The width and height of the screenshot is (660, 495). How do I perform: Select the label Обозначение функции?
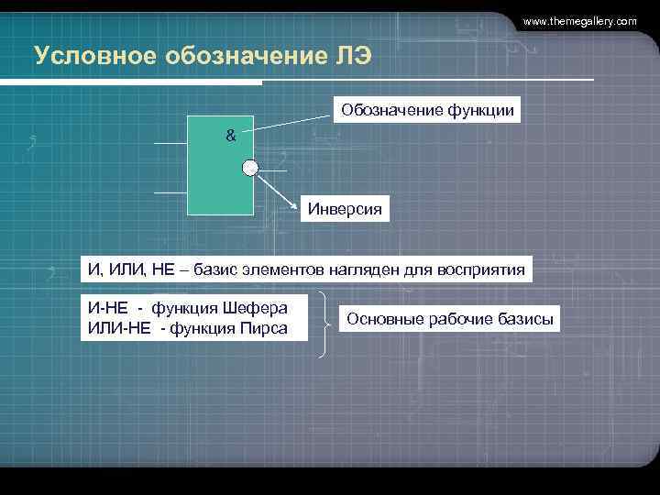[x=428, y=111]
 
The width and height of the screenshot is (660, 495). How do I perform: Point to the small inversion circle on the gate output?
[x=250, y=167]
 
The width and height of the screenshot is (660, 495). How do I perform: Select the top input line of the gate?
[x=170, y=144]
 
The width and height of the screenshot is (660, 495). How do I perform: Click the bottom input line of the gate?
[x=170, y=192]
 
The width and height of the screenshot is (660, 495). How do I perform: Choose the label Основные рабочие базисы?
[x=450, y=320]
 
